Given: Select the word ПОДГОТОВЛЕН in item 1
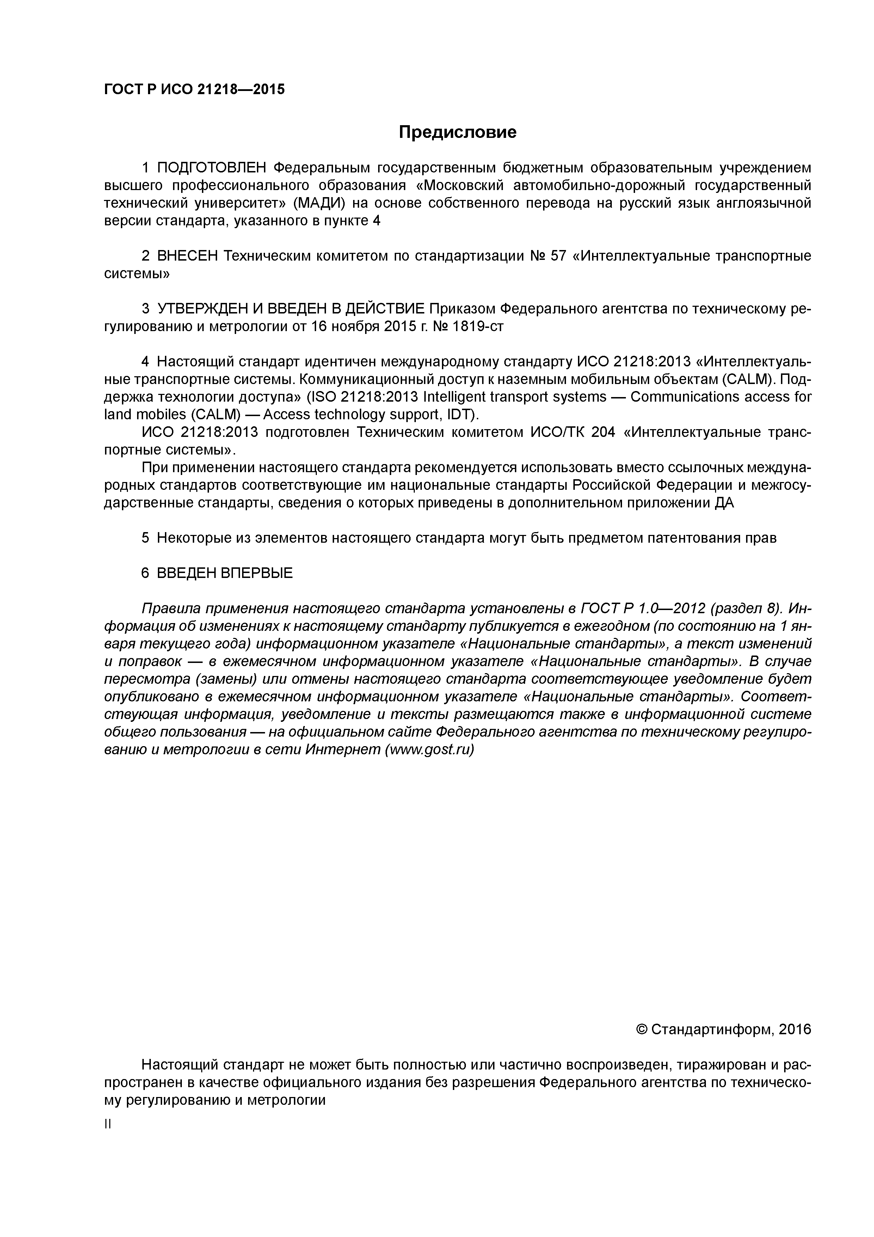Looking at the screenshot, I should [212, 168].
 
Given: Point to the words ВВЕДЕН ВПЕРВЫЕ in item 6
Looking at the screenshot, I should [224, 573].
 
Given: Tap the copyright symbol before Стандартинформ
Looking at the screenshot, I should [641, 1030].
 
